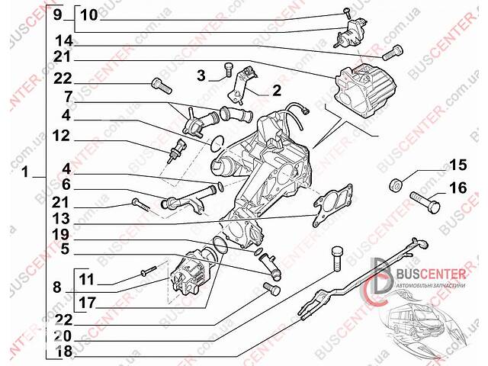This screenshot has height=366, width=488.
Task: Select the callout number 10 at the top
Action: click(88, 14)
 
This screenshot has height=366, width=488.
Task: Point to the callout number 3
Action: click(201, 75)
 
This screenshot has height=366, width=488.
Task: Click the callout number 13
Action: click(64, 218)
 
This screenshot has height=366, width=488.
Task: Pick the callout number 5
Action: click(66, 248)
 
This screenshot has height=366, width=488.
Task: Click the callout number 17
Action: click(85, 303)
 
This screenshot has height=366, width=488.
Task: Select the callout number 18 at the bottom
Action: click(63, 352)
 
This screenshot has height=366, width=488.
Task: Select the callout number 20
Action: click(63, 335)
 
